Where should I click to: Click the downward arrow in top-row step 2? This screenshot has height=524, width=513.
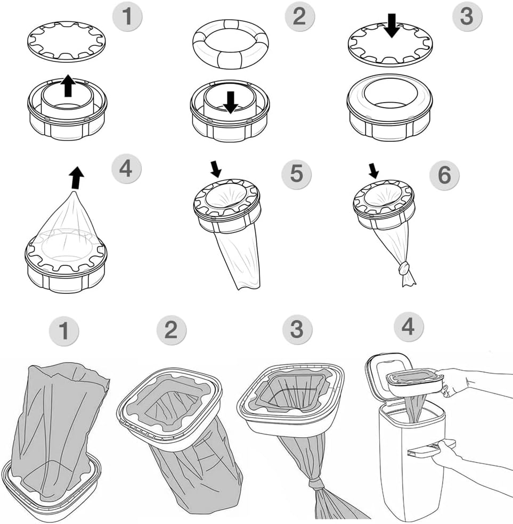230,101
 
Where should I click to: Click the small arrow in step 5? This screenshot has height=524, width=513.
215,169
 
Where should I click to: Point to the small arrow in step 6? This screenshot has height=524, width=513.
374,170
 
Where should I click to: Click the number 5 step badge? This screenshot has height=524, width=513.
297,173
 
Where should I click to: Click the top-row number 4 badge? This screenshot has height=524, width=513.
126,169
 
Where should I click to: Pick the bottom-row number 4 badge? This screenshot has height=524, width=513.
408,326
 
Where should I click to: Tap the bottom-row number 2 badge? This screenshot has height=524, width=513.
171,331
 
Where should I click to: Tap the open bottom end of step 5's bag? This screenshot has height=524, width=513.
248,285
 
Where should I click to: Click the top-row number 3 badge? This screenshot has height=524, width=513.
467,16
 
